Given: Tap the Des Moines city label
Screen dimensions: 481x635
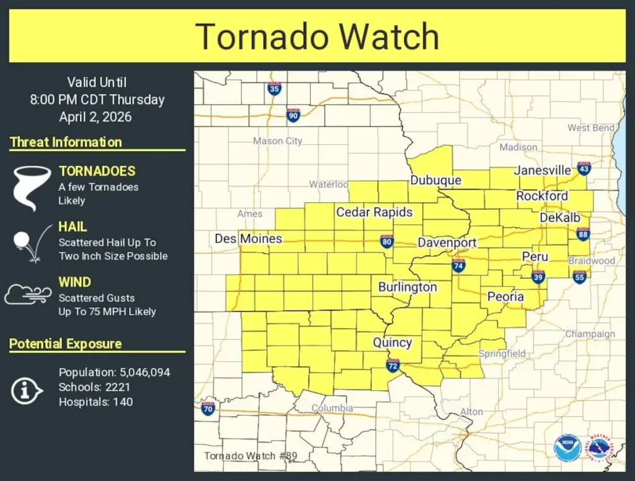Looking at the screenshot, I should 248,239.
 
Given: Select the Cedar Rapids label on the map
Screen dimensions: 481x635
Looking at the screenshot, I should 374,212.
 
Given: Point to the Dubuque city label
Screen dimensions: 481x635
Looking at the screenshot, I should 435,180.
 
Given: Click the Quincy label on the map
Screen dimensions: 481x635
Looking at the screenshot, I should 392,342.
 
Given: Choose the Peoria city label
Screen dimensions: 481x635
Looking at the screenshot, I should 505,296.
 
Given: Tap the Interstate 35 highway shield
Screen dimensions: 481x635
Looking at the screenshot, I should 274,88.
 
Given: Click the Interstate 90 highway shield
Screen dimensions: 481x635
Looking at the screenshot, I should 293,115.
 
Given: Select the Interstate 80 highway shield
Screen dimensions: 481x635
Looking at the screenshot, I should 387,241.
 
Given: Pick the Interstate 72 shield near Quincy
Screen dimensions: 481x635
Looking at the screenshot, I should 393,365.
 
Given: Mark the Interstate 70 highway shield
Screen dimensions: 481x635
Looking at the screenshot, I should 208,408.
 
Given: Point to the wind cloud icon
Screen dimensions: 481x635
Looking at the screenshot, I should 28,294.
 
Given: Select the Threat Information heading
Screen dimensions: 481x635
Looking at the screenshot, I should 66,142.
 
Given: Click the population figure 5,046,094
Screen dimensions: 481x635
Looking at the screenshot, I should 143,373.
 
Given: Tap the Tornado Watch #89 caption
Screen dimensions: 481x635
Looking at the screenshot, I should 251,456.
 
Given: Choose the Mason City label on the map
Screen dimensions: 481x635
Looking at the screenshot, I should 277,141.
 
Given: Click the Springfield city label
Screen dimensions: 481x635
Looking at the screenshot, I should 502,354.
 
